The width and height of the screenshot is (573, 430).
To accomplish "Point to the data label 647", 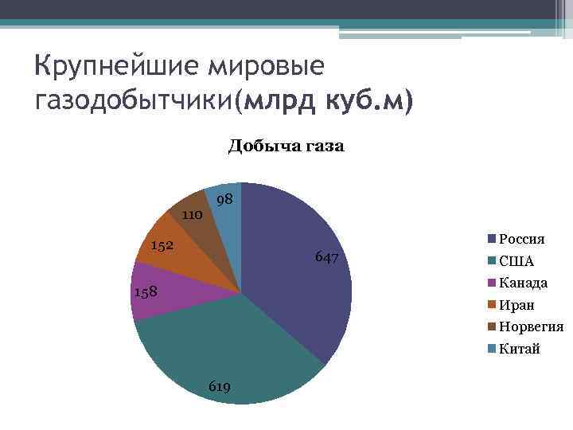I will coord(327,257).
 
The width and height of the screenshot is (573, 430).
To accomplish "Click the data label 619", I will coord(220,386).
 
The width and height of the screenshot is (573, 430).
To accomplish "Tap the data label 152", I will coord(162,245).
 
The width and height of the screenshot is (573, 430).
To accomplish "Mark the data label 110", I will coord(192,215).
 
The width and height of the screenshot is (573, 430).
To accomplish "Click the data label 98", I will coord(224,198).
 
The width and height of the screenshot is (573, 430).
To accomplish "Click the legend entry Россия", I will coord(521,239).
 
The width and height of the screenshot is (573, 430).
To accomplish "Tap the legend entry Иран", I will coord(516,305).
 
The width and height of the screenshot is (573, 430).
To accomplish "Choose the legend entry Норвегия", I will coord(531,326).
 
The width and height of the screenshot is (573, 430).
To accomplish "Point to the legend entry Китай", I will coord(519,349).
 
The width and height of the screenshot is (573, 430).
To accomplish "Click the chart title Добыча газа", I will coord(286,146).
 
